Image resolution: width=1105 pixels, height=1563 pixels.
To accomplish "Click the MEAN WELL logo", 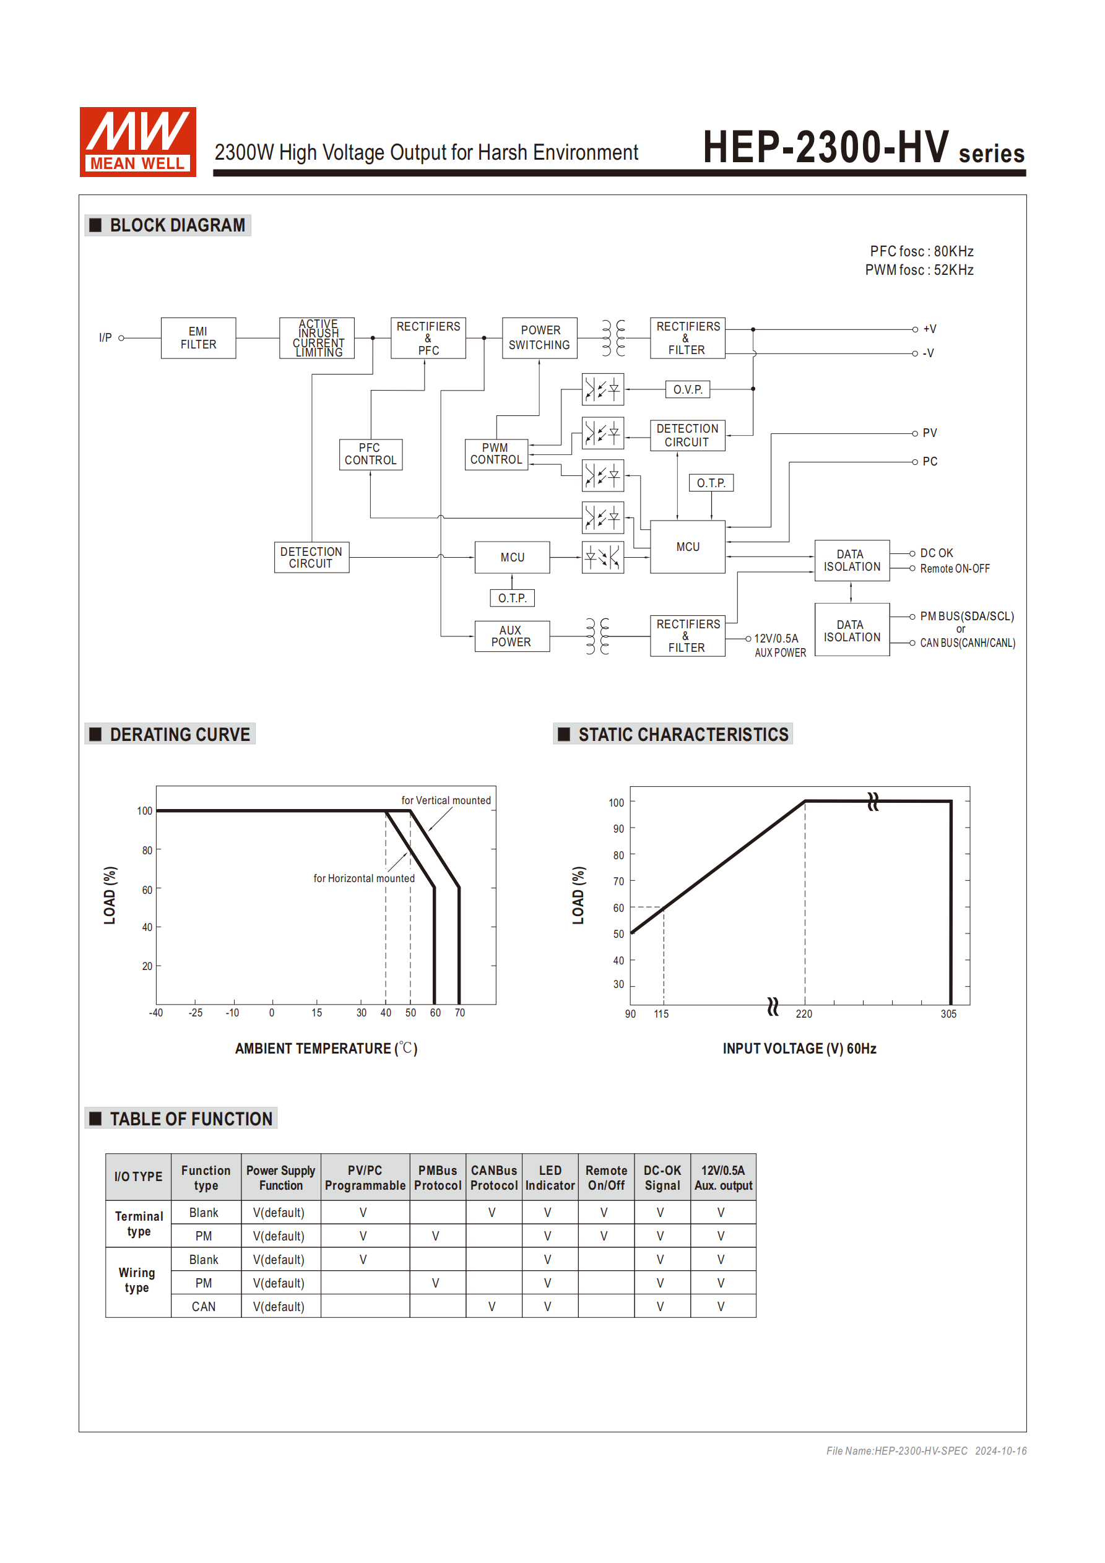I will (137, 142).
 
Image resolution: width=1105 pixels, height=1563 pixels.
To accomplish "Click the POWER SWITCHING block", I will (539, 337).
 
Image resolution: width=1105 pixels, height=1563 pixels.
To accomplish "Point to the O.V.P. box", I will (688, 389).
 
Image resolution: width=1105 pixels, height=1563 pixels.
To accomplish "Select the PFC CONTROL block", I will (370, 454).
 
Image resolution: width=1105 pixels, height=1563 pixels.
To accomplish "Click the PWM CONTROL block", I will (496, 454).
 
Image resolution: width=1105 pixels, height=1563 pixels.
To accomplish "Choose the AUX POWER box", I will (511, 636).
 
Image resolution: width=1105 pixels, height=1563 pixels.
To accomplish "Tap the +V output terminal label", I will (929, 329).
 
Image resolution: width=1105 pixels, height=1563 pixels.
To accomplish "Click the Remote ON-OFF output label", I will (955, 568).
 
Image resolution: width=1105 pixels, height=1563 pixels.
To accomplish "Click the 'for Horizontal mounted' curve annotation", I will (363, 878).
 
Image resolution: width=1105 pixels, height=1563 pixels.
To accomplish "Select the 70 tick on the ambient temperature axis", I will (459, 1013).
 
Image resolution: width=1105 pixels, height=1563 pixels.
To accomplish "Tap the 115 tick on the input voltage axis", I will (661, 1015).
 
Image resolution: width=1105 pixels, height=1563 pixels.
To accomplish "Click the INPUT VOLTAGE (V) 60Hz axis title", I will (799, 1049).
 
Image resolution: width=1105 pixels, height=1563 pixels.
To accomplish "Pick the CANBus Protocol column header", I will (493, 1178).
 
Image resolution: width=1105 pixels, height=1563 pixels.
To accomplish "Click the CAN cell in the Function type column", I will (204, 1306).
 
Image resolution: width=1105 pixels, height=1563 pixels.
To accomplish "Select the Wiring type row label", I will (137, 1280).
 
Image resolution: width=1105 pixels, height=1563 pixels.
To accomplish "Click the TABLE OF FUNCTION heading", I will (191, 1119).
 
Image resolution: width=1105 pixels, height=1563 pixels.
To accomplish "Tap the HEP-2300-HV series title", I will (862, 148).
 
